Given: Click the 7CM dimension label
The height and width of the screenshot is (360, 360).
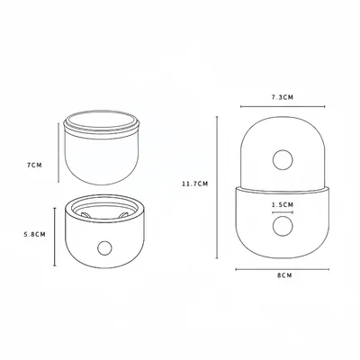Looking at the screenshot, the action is [34, 165].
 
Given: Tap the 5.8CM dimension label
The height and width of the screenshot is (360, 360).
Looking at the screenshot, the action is [35, 234].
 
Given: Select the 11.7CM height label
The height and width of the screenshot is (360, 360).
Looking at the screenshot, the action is [194, 184].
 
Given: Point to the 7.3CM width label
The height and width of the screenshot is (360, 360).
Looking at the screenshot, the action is [283, 97].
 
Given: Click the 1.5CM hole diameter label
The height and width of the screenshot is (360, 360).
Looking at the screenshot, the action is [283, 205].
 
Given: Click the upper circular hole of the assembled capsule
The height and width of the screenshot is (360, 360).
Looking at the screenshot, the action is [283, 159].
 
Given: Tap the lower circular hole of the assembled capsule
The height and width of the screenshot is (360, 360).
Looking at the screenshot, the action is [283, 225].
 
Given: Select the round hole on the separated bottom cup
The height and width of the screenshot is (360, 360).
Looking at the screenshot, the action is [104, 247].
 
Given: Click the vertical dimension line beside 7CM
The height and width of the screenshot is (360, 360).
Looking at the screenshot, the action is [58, 152].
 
